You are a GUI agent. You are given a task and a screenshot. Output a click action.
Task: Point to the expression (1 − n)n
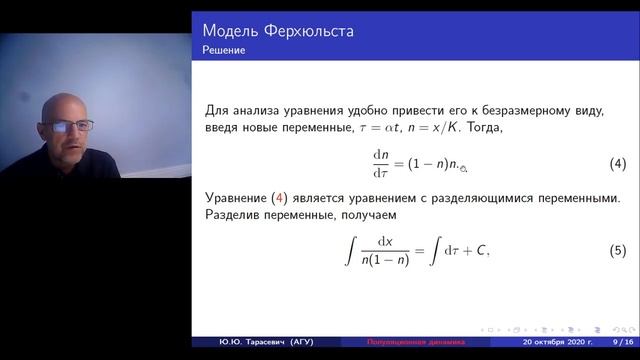(430, 163)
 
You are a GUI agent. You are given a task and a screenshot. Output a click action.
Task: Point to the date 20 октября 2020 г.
(541, 342)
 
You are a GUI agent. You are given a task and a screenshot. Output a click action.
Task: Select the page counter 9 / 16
(611, 342)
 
